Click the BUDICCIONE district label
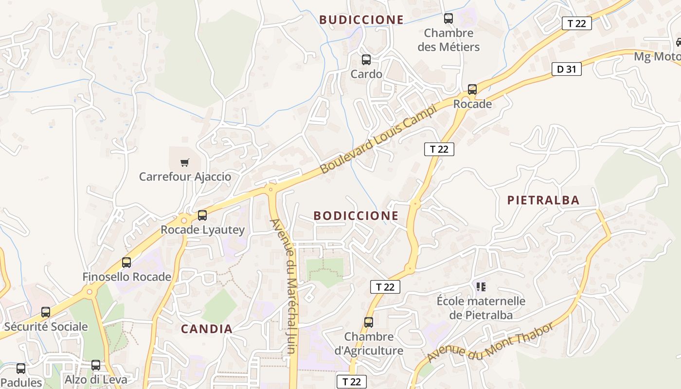[x=361, y=20]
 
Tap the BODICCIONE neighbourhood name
[x=356, y=215]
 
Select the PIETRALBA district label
[x=543, y=200]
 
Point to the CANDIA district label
[x=207, y=329]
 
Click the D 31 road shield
[x=567, y=69]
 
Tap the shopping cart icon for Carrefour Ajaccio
[x=184, y=162]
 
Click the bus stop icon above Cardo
[x=366, y=60]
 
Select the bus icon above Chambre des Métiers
[x=448, y=18]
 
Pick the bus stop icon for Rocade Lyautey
[x=202, y=215]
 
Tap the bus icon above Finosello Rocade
[x=126, y=263]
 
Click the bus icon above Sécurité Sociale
[x=46, y=312]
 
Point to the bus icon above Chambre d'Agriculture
[x=369, y=322]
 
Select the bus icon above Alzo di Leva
[x=96, y=365]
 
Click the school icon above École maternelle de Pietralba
[x=481, y=287]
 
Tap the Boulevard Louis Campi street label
[x=379, y=139]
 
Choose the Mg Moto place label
[x=657, y=57]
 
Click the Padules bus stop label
[x=21, y=383]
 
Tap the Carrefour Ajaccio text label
[x=185, y=177]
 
